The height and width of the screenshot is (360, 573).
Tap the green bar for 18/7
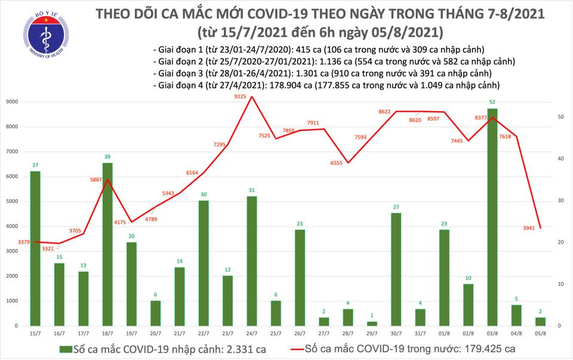click(x=107, y=244)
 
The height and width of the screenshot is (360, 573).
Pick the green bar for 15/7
click(x=35, y=248)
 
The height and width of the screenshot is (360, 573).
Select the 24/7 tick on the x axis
click(x=251, y=333)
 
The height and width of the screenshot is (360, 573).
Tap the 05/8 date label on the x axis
click(x=540, y=333)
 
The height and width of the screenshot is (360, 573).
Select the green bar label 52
click(x=492, y=103)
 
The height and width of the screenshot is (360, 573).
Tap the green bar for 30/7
click(x=396, y=269)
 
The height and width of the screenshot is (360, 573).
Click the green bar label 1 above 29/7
click(x=372, y=316)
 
